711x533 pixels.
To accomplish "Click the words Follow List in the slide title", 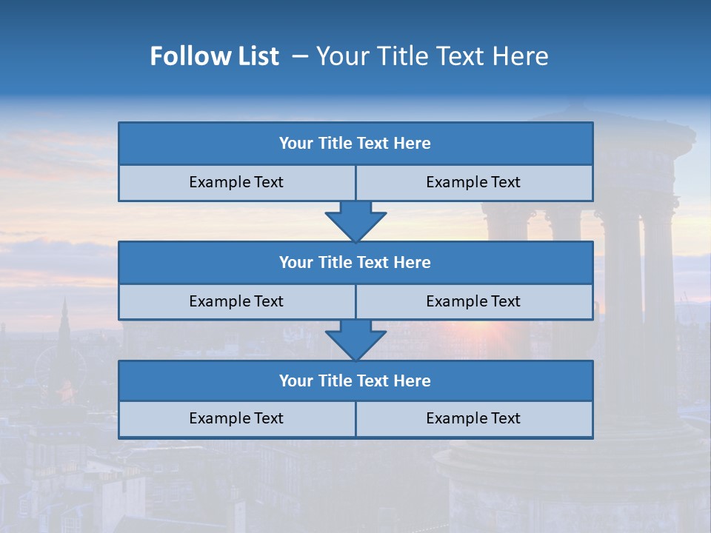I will point(214,56).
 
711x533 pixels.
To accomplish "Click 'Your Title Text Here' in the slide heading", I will point(432,56).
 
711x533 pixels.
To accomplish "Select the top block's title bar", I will point(355,144).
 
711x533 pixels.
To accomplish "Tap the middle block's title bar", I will point(355,263).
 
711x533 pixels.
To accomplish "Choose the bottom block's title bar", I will point(355,381).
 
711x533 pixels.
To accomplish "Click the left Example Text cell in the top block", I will point(237,183).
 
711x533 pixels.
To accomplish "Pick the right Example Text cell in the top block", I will point(474,183).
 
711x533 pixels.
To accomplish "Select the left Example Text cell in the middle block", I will point(237,302).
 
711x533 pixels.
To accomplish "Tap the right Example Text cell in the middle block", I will point(474,302).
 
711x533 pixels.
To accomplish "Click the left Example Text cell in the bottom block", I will point(237,419).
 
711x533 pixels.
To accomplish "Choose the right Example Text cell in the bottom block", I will point(474,419).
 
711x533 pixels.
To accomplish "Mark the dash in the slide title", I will point(300,56).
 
